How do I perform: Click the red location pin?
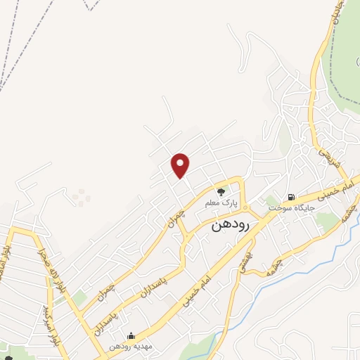[x=181, y=165]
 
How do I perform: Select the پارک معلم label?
[x=222, y=202]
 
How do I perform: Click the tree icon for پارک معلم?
[x=221, y=191]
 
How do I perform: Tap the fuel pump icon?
[x=290, y=196]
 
